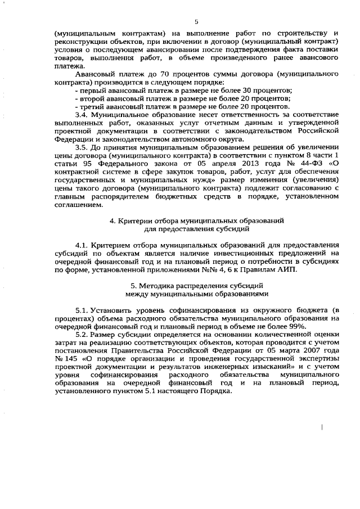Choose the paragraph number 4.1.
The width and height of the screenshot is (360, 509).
click(x=82, y=245)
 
